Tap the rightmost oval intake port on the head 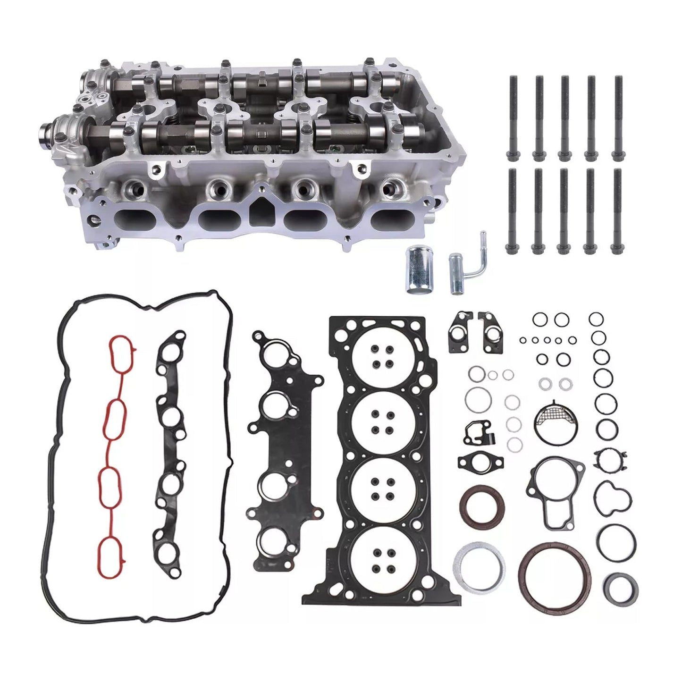coord(391,219)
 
